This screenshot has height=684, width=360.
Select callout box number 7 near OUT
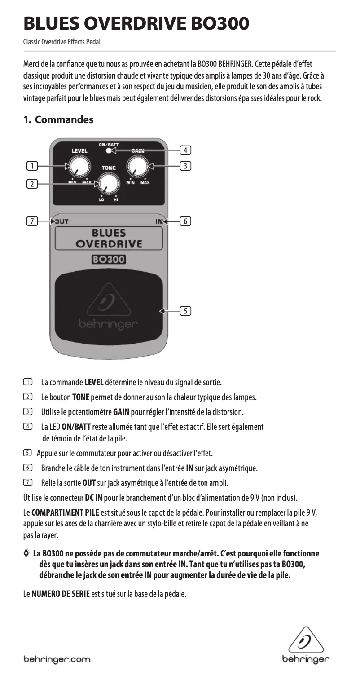[x=32, y=221]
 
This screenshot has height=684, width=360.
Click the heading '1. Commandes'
[x=58, y=120]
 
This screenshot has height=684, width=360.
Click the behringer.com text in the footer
[x=57, y=659]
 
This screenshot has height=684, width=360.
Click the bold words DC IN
[x=94, y=498]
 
